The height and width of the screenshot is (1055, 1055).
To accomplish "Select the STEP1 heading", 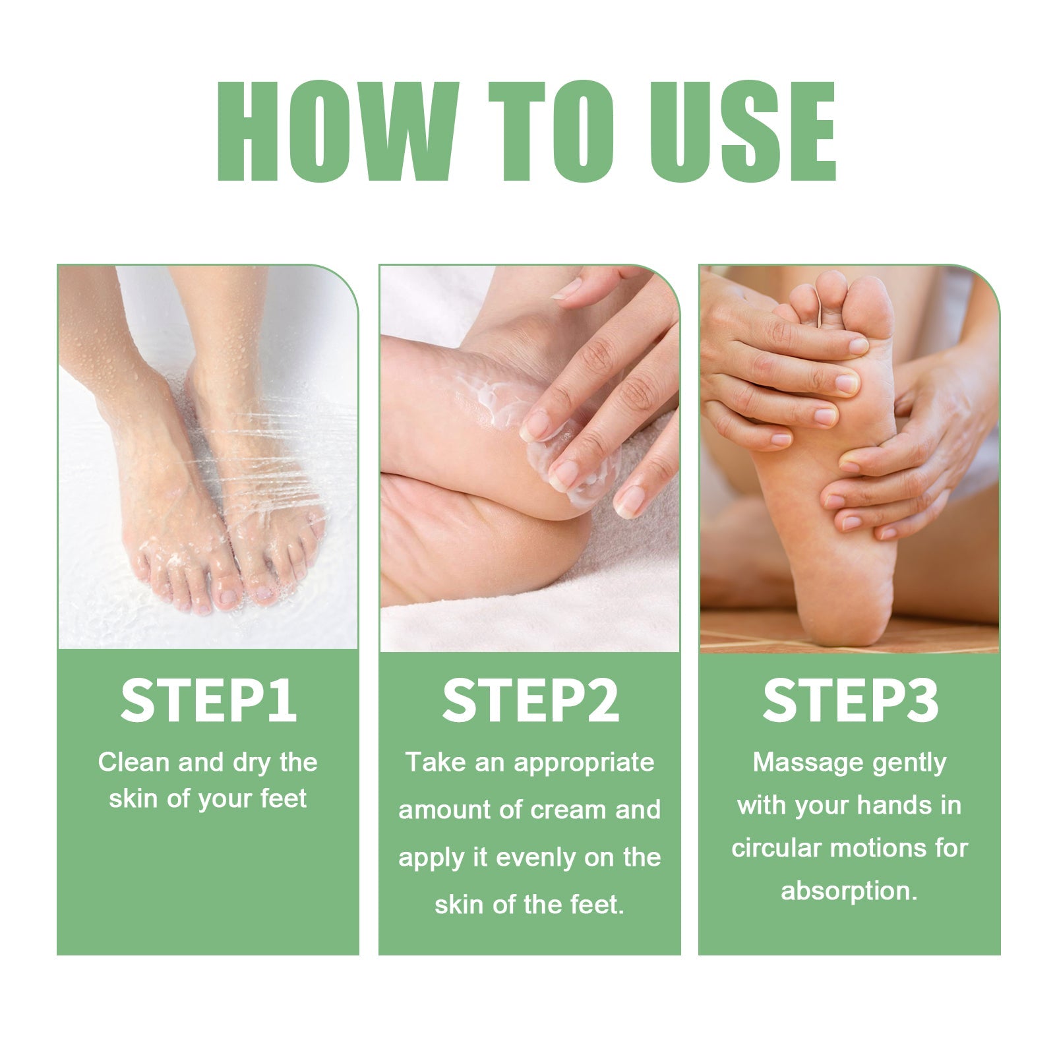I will pos(208,700).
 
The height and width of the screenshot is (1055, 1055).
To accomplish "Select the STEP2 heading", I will pos(530,700).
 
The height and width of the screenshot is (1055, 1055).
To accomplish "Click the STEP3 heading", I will pos(850,700).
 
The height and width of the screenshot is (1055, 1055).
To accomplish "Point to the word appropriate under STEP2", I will pos(584,764).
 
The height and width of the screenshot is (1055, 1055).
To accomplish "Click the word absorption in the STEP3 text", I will pos(849,891).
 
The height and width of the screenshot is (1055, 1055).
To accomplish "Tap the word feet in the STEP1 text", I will pos(284,799).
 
